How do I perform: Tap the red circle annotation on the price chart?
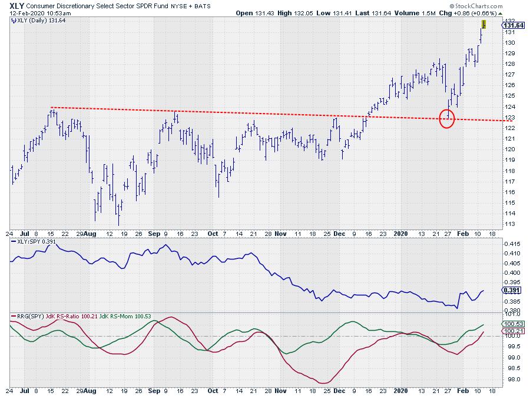click(447, 118)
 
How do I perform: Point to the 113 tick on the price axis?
click(507, 224)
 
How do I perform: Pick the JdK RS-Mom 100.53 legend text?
click(126, 316)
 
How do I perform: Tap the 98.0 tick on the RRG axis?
click(508, 379)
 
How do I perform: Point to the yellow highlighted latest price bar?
click(483, 24)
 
